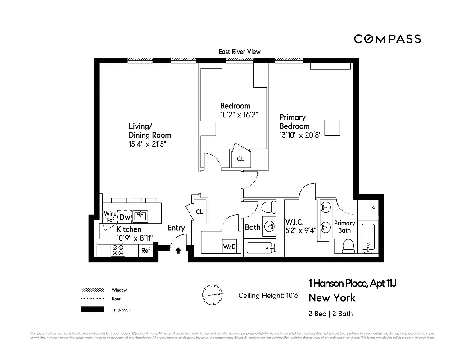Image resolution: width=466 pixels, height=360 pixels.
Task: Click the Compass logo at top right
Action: (387, 39)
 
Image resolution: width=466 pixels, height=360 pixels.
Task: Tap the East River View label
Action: (239, 52)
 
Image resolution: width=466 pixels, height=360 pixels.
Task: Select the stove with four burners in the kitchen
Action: (118, 250)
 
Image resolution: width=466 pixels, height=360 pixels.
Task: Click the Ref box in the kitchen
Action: (145, 251)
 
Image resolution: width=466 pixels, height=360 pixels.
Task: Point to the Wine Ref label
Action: (110, 217)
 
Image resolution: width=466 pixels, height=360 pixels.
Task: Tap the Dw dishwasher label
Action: (125, 217)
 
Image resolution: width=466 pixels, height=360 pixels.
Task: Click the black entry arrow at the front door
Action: (178, 251)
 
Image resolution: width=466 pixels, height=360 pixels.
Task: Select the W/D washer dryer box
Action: (229, 247)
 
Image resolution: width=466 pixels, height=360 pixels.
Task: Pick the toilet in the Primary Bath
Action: (348, 246)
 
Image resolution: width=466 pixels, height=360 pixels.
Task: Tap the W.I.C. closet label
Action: (294, 222)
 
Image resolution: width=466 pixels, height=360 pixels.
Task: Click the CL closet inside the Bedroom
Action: (240, 159)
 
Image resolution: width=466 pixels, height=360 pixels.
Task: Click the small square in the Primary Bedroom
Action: (332, 128)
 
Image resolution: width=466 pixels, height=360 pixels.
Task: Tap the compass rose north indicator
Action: (212, 294)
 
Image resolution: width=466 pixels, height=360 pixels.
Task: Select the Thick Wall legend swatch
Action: (92, 310)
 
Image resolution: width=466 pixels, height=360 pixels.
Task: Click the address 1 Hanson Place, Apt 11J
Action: (352, 283)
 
